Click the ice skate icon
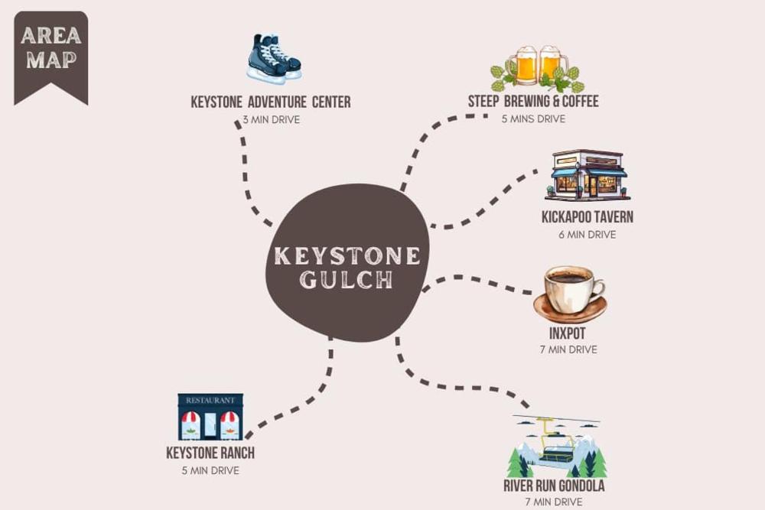click(274, 57)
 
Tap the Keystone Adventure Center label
click(271, 102)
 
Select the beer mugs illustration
click(537, 68)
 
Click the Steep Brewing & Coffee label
click(533, 101)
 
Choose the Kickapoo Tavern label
click(588, 217)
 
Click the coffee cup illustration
click(570, 294)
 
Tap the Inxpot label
click(568, 333)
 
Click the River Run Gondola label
click(554, 486)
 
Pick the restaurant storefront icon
click(210, 417)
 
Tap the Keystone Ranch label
click(210, 453)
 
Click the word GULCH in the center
click(346, 280)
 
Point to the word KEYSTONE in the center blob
click(347, 256)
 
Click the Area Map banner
click(51, 57)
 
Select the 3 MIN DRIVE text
click(272, 119)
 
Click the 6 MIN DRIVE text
click(588, 235)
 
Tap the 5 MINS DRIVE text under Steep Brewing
click(533, 119)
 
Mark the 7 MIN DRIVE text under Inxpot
click(568, 349)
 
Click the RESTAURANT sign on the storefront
click(210, 400)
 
